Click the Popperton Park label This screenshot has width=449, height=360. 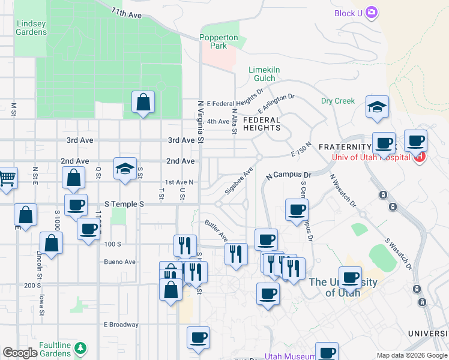[218, 41]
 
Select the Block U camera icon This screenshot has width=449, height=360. [372, 12]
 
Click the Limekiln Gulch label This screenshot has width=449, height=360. [265, 74]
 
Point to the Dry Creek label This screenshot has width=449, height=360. [338, 101]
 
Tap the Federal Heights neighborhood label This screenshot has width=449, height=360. [262, 124]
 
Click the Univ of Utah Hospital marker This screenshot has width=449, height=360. [420, 157]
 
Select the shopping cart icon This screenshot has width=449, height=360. [7, 177]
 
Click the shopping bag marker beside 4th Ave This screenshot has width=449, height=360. [143, 103]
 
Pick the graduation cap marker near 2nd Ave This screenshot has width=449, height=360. [125, 169]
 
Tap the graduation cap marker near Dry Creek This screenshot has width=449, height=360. [378, 107]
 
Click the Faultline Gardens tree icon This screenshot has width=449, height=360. [80, 347]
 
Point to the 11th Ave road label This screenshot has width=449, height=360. [126, 13]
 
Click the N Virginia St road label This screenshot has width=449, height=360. [202, 120]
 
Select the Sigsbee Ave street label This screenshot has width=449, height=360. [238, 180]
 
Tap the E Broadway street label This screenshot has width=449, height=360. [121, 325]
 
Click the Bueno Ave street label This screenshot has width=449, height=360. [119, 262]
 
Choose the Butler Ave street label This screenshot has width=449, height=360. [215, 228]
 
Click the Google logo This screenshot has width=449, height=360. [20, 353]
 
